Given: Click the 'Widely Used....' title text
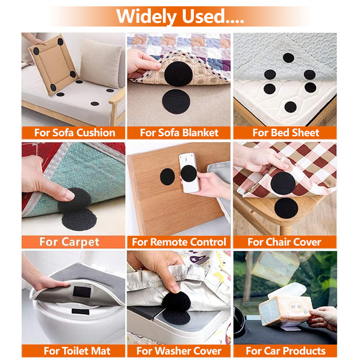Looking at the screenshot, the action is pos(180,16).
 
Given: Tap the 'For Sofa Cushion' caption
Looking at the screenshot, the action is pos(75,133).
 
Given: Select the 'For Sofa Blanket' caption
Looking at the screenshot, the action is pos(179,133).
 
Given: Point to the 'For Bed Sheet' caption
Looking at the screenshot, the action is pos(286,133).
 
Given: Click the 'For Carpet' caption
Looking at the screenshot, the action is pos(69,242).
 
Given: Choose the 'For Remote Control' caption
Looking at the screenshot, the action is pos(179,242).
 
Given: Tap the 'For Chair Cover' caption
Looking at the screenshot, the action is pos(284,242).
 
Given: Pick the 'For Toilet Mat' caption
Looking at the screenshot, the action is pos(77,351).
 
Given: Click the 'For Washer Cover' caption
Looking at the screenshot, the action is pos(179,351).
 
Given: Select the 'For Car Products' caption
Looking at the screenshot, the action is pos(286,351).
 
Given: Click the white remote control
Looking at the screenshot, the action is pos(189,173).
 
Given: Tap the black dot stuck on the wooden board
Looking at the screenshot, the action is pos(167,176).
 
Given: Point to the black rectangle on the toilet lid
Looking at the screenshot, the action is pos(81,311).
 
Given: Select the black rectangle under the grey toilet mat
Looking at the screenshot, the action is pos(82,292).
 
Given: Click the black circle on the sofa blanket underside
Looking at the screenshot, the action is pos(178,74).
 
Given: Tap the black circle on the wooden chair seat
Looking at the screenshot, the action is pos(286,208).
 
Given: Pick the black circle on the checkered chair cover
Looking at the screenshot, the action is pos(283,183).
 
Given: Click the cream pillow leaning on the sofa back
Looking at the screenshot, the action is pos(100,63).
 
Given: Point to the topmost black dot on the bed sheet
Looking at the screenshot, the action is pos(288,58).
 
